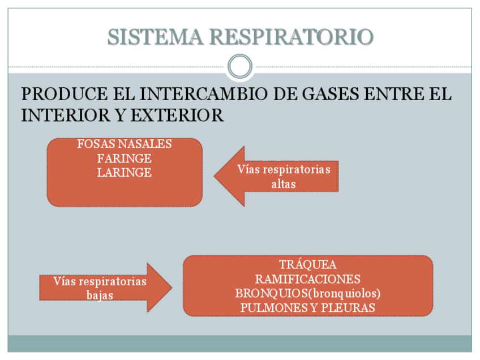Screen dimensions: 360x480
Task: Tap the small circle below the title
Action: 240,66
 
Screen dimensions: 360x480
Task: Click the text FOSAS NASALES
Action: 125,144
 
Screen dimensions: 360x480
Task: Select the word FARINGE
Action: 125,158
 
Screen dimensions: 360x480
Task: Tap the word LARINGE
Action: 125,173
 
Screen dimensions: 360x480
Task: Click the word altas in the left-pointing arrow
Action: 284,184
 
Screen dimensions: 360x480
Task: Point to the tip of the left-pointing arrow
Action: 216,176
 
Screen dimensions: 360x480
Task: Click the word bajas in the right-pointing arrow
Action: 100,295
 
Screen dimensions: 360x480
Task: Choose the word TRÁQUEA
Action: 308,265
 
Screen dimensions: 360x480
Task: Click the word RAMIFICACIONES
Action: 308,279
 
